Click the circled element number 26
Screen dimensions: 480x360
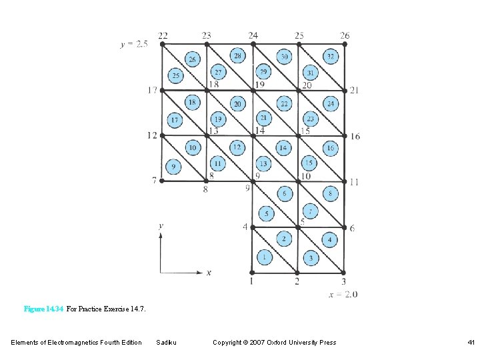pyautogui.click(x=192, y=59)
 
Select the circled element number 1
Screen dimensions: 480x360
pyautogui.click(x=265, y=257)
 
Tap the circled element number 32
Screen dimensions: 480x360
pyautogui.click(x=331, y=57)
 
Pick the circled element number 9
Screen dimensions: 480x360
pyautogui.click(x=173, y=165)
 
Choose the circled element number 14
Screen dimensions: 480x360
pyautogui.click(x=283, y=147)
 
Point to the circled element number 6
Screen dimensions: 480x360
pyautogui.click(x=285, y=194)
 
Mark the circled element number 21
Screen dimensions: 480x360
pyautogui.click(x=264, y=119)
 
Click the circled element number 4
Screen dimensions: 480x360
pyautogui.click(x=329, y=240)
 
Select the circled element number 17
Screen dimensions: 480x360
pyautogui.click(x=174, y=120)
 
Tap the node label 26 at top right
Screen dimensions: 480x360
pyautogui.click(x=345, y=35)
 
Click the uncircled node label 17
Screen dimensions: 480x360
pyautogui.click(x=153, y=90)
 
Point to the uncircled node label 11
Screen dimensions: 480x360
pyautogui.click(x=353, y=182)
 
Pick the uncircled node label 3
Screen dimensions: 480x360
pyautogui.click(x=343, y=282)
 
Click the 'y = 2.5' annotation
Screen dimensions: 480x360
pyautogui.click(x=134, y=45)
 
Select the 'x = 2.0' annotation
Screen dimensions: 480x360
pyautogui.click(x=343, y=294)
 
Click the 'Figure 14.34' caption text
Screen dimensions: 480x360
pyautogui.click(x=43, y=309)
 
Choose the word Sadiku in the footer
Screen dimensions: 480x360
pyautogui.click(x=166, y=343)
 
